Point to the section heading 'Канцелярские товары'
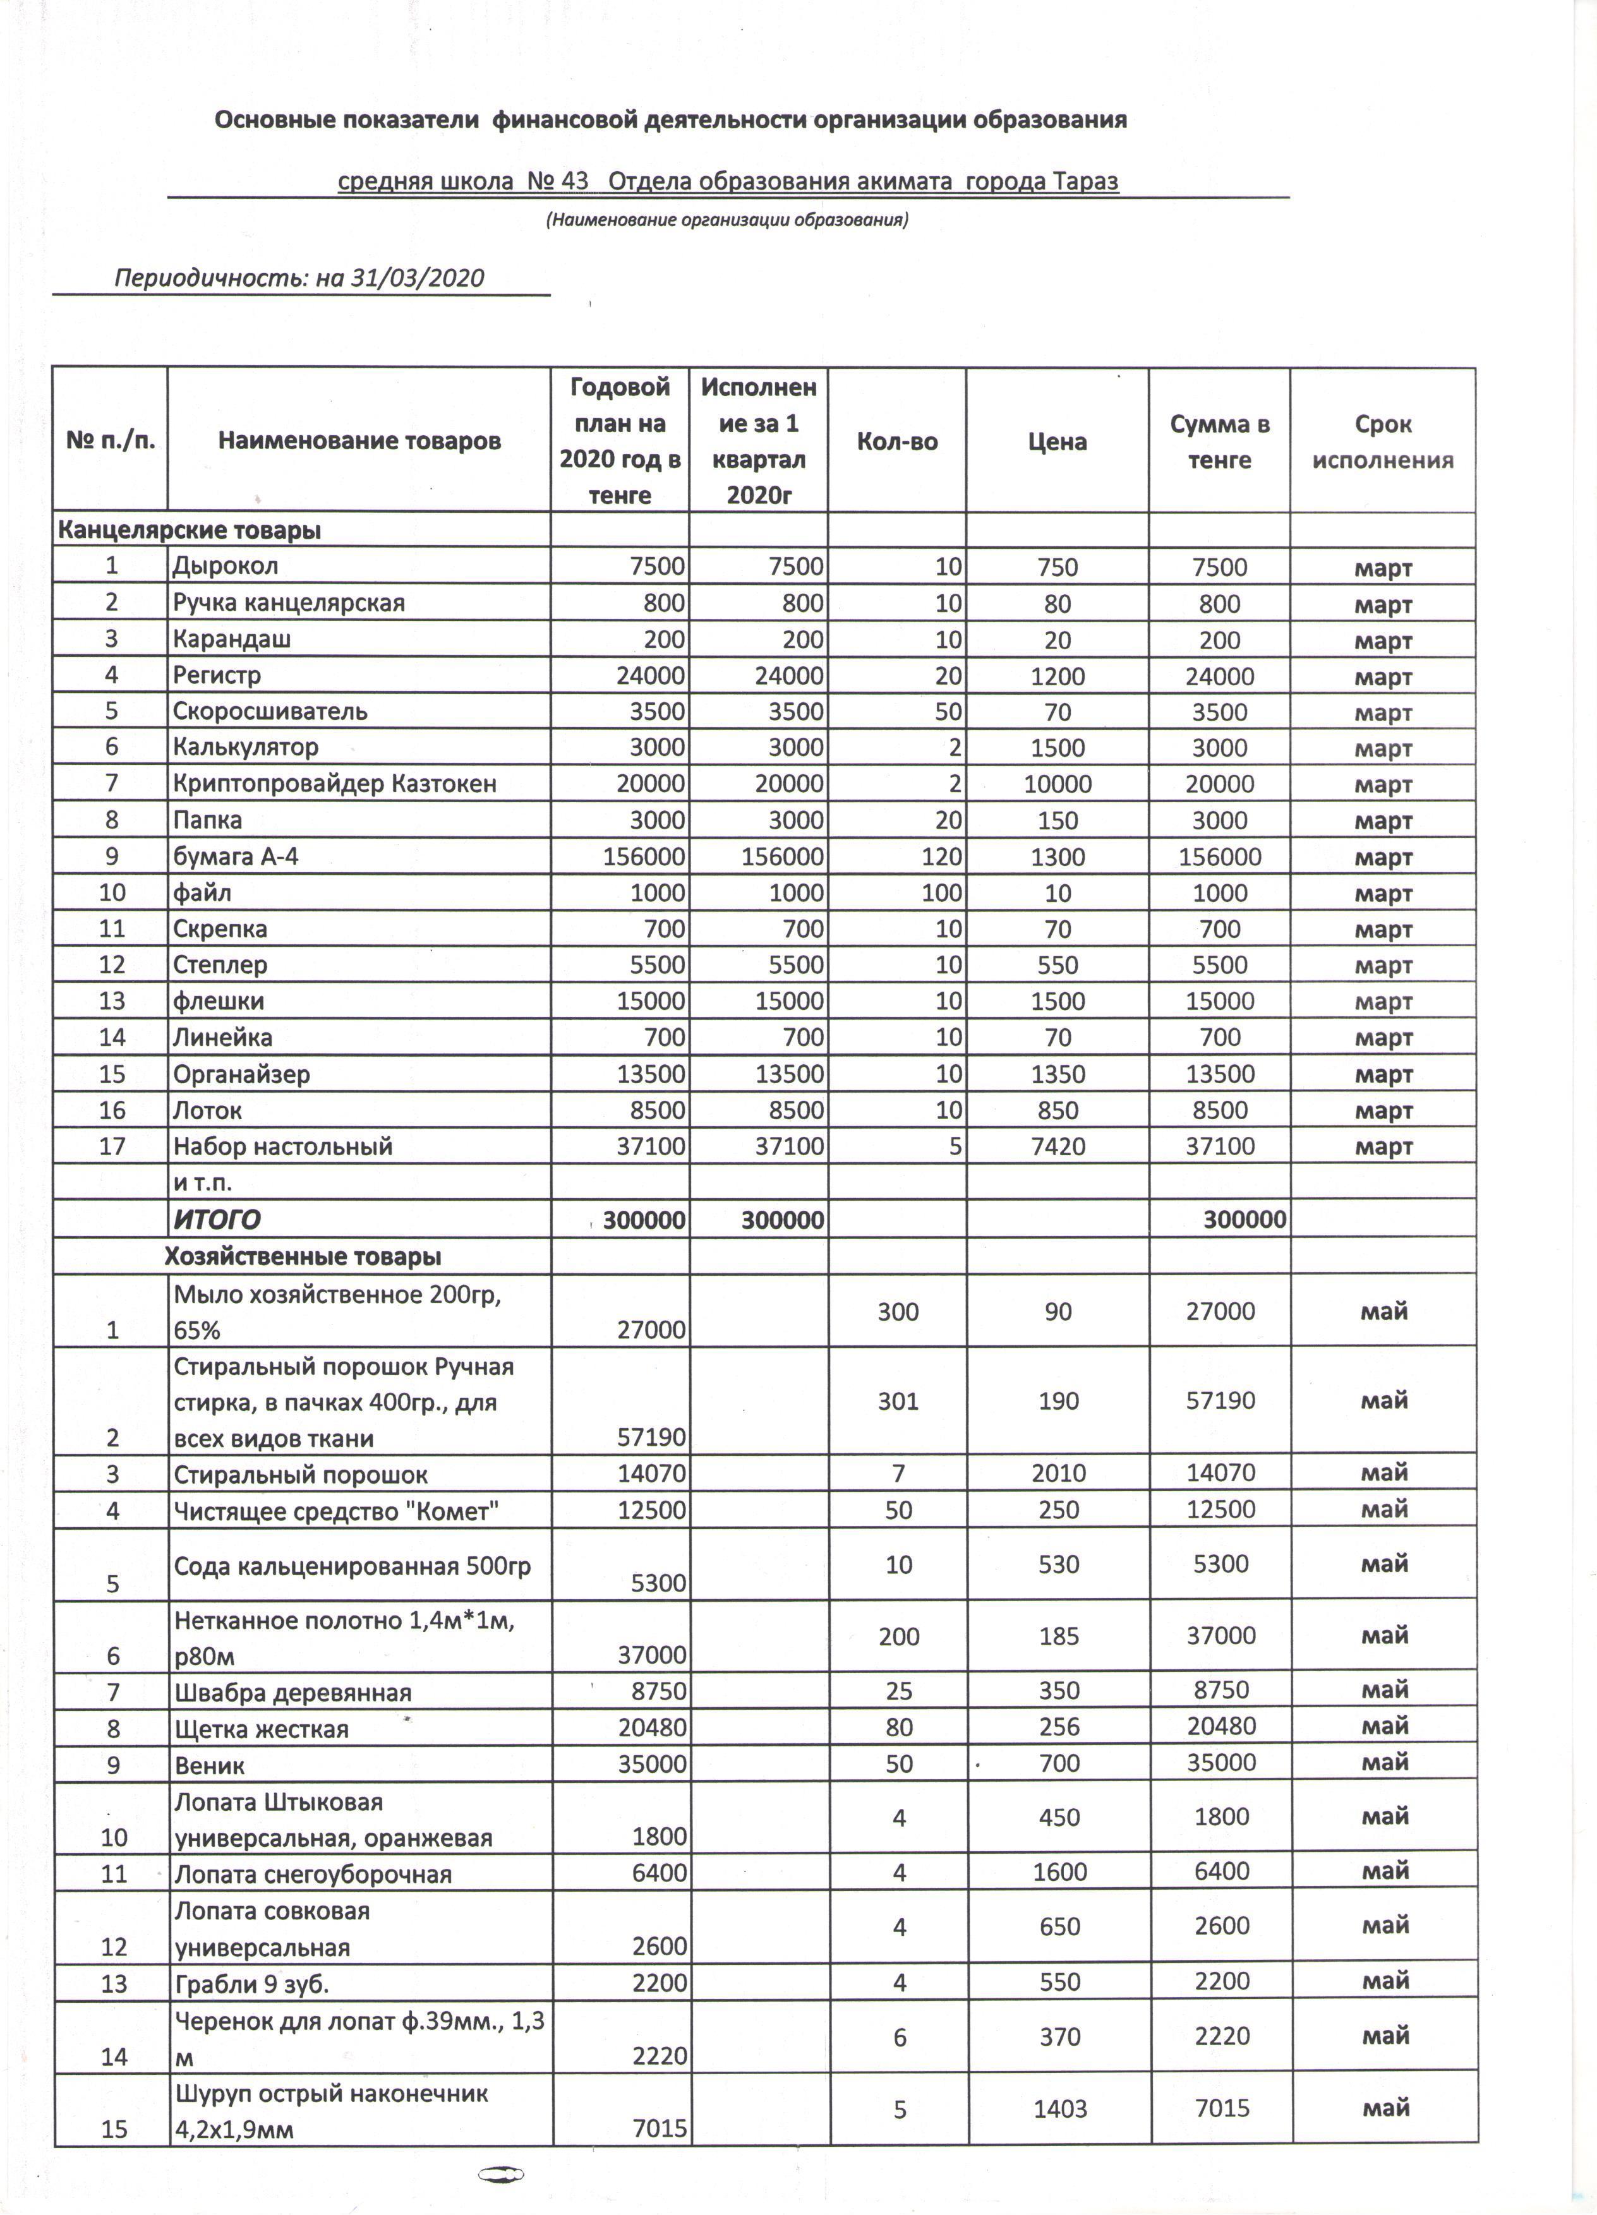point(190,531)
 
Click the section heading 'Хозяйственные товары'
point(303,1256)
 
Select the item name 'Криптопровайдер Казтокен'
point(334,783)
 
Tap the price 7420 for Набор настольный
point(1058,1146)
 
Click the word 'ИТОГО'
point(217,1220)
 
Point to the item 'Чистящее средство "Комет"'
point(336,1511)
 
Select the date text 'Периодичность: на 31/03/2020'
point(299,279)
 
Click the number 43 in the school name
point(576,181)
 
